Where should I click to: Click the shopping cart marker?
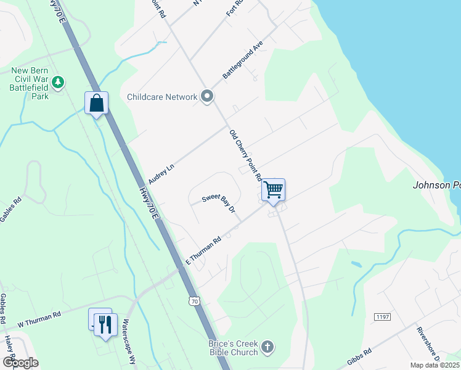[x=273, y=189]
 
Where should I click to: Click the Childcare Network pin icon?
[x=208, y=96]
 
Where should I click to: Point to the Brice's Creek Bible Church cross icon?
[x=267, y=346]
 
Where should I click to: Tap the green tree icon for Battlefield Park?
[x=58, y=81]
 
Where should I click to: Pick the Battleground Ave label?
[x=243, y=60]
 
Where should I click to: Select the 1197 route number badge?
[x=382, y=316]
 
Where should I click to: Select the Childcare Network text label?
[x=162, y=97]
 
